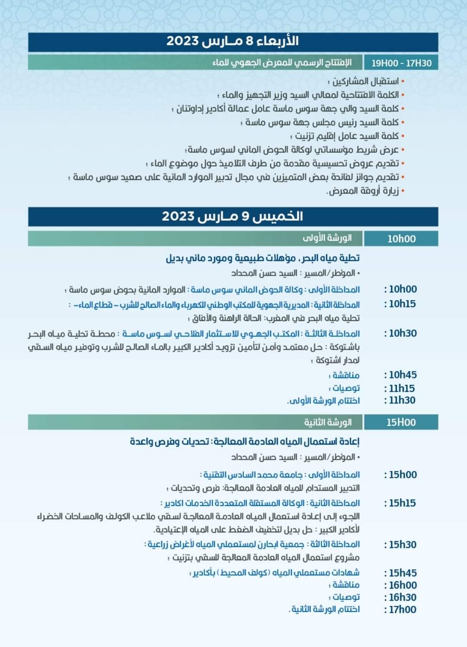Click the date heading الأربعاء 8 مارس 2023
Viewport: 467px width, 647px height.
pos(233,42)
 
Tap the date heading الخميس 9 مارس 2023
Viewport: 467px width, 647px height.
pos(233,216)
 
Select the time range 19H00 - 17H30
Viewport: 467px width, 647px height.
pos(401,63)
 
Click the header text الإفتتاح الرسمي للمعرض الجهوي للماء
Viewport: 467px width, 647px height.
pos(282,63)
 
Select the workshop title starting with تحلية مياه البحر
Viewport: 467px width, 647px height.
pos(263,258)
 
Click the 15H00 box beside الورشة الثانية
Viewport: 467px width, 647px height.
pos(401,423)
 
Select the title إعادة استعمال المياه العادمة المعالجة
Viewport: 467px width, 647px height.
pos(245,442)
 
